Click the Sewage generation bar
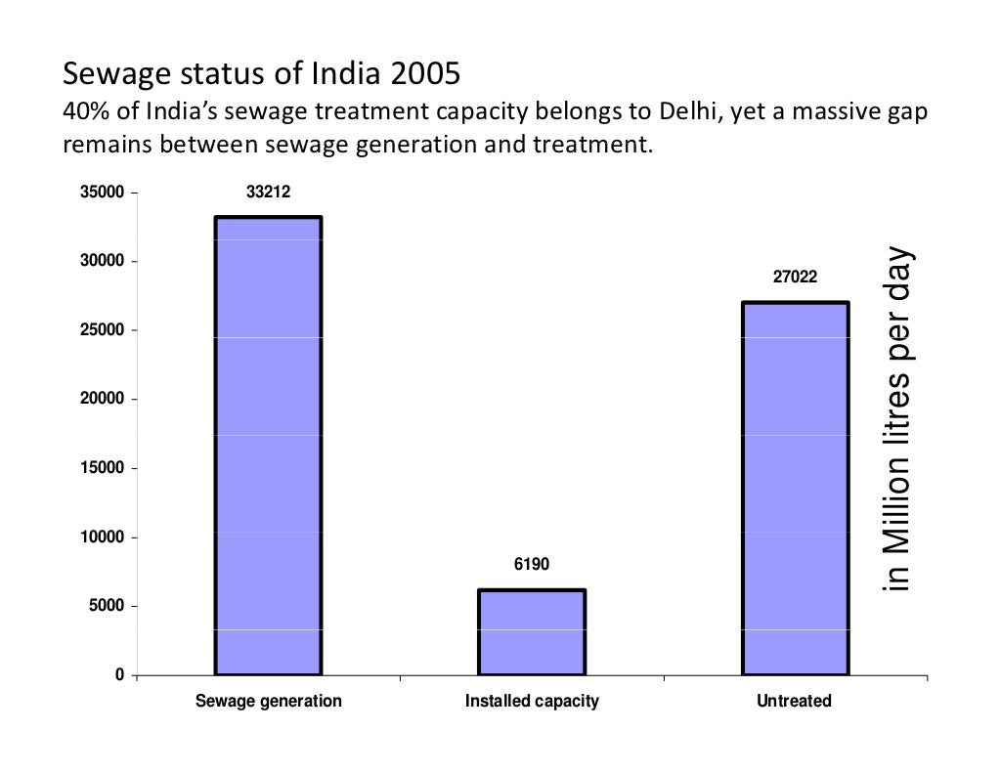click(268, 446)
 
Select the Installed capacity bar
click(531, 632)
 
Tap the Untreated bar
click(795, 489)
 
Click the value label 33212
click(268, 193)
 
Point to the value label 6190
click(531, 565)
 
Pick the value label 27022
click(795, 279)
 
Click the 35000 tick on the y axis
click(101, 193)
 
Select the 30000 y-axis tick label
click(101, 262)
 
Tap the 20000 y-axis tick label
click(101, 400)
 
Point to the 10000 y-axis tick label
click(101, 537)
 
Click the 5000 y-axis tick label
click(105, 607)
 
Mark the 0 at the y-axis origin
click(119, 675)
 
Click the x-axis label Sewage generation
click(268, 702)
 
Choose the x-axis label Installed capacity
click(531, 702)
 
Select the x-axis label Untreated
click(795, 702)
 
